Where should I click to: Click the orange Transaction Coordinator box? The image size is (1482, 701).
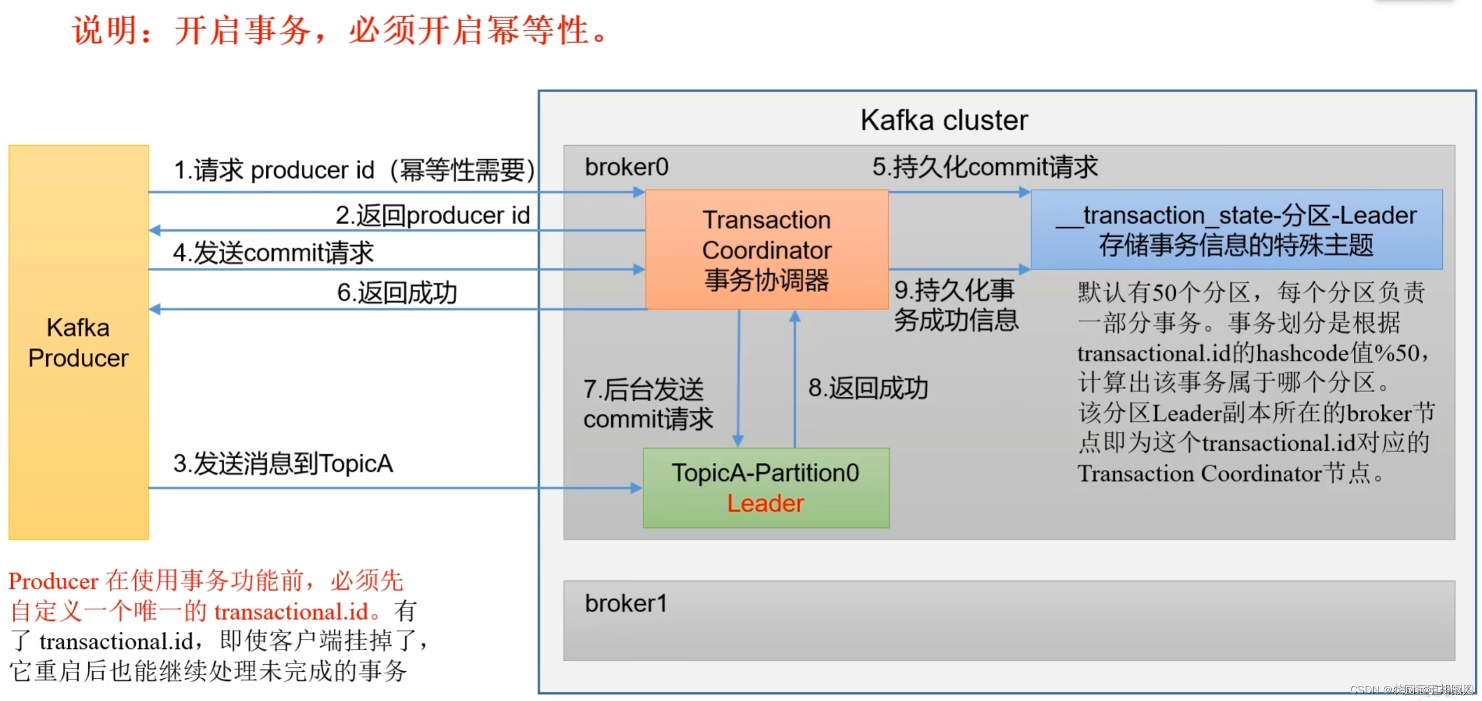click(766, 249)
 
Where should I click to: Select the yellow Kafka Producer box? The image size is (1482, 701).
click(78, 342)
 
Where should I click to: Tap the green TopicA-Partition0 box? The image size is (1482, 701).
click(765, 487)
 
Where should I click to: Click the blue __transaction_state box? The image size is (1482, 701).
click(1236, 229)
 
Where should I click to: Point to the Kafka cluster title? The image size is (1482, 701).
click(944, 121)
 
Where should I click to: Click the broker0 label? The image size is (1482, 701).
click(626, 167)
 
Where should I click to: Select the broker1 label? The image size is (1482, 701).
click(625, 603)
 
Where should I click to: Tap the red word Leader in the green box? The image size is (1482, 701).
click(765, 503)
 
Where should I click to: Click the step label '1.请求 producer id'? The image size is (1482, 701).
click(354, 170)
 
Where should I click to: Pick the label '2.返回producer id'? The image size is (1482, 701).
click(432, 215)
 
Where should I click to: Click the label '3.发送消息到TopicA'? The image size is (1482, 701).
click(283, 463)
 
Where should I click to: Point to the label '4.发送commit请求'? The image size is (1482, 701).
click(273, 253)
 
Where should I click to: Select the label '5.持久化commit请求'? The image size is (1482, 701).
click(985, 167)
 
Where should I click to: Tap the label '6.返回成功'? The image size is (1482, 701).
click(397, 293)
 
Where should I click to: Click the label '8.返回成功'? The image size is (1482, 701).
click(868, 388)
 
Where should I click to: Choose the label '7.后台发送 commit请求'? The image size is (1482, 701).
click(648, 404)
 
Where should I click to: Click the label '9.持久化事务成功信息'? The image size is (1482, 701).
click(956, 305)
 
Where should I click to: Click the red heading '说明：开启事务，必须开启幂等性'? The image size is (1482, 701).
click(339, 30)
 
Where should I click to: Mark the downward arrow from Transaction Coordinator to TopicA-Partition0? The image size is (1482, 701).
click(739, 377)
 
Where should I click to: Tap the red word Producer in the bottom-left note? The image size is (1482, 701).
click(53, 581)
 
